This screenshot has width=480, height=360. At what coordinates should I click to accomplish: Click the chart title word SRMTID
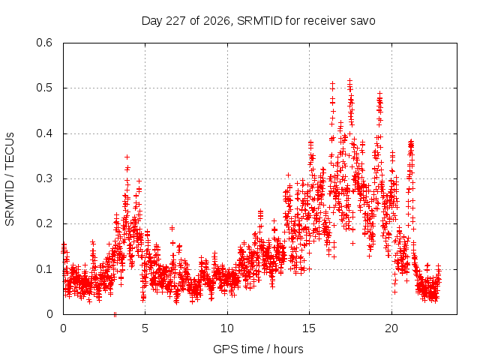259,21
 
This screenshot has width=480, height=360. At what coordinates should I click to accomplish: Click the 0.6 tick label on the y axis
44,43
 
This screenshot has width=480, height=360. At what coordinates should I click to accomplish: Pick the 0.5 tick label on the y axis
44,88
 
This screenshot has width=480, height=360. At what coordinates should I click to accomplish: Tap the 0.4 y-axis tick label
44,133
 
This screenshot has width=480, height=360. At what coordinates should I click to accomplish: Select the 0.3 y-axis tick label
44,178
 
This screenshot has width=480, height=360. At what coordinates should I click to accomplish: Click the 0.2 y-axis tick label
44,223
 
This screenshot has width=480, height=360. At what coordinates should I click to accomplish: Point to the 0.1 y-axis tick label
44,269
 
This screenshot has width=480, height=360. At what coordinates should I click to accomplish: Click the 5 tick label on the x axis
145,328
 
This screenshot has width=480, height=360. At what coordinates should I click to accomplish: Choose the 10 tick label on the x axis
227,328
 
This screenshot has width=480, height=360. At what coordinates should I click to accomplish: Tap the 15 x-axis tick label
309,328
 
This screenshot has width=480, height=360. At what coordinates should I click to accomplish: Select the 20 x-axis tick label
391,328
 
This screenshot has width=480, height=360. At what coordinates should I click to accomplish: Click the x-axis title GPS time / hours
258,349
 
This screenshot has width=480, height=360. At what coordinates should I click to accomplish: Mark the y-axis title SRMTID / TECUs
10,179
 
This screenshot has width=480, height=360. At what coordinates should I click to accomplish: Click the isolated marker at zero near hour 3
115,314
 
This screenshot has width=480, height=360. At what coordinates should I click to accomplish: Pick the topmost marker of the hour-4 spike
127,157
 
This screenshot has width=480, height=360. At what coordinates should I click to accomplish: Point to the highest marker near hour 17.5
350,80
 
